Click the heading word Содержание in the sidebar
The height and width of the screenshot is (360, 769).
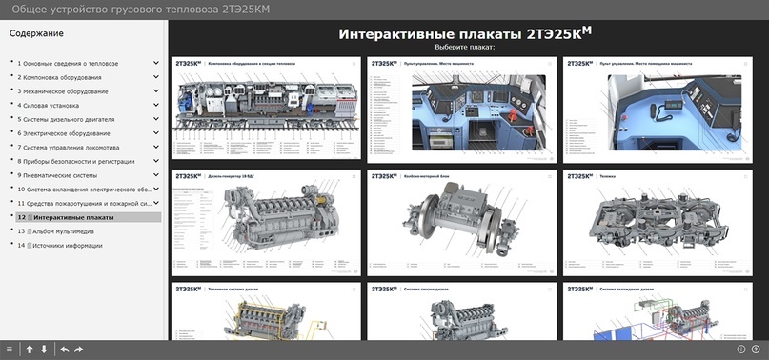pyautogui.click(x=37, y=33)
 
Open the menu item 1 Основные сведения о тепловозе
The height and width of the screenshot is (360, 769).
pyautogui.click(x=68, y=63)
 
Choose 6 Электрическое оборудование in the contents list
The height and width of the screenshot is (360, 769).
pyautogui.click(x=64, y=133)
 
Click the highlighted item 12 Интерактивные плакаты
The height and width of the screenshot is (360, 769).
pyautogui.click(x=72, y=217)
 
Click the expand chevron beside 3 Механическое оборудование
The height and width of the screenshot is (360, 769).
pyautogui.click(x=156, y=91)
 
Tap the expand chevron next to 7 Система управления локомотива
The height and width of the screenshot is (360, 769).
pyautogui.click(x=156, y=148)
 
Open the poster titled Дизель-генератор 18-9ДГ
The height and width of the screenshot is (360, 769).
pyautogui.click(x=266, y=223)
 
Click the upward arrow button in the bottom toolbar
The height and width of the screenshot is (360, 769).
pyautogui.click(x=30, y=350)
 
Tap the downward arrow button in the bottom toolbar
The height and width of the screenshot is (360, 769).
pyautogui.click(x=44, y=350)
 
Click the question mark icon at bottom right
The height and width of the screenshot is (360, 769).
pyautogui.click(x=756, y=350)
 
